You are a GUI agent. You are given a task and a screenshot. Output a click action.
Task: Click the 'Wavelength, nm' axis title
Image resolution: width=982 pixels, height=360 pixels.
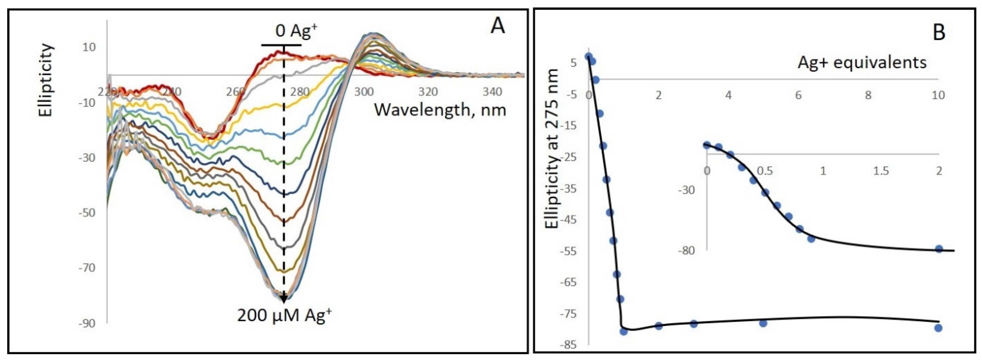440,110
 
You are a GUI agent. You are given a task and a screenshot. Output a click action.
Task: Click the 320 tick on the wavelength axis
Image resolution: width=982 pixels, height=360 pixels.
428,92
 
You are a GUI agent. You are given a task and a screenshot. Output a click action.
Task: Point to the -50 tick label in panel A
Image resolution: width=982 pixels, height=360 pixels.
87,213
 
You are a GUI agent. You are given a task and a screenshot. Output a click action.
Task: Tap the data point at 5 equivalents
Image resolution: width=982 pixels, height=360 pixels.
763,323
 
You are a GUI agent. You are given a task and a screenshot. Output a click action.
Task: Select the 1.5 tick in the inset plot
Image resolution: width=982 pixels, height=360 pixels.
881,171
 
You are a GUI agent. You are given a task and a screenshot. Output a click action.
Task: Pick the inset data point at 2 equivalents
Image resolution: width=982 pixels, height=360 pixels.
938,249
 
